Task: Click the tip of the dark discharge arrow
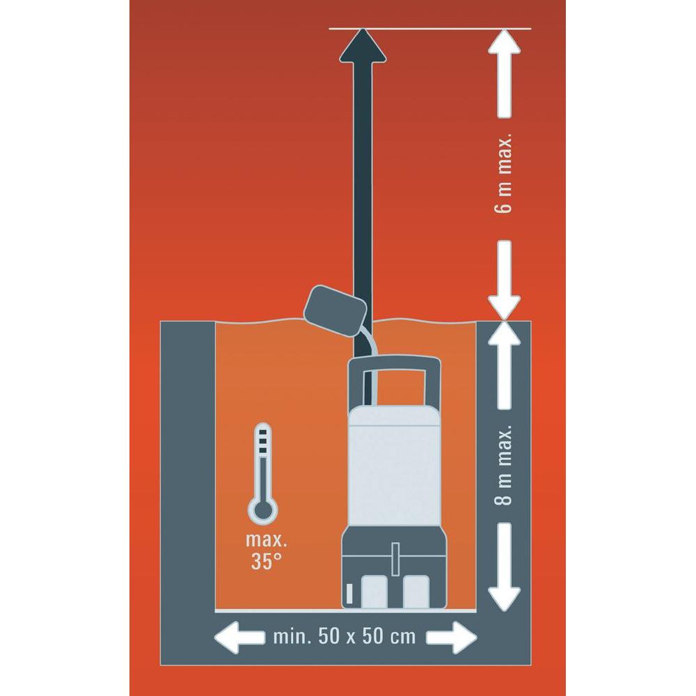pyautogui.click(x=363, y=29)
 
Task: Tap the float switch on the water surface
pyautogui.click(x=335, y=308)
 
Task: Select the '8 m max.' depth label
pyautogui.click(x=503, y=465)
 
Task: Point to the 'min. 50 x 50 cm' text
pyautogui.click(x=345, y=637)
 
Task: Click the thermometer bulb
pyautogui.click(x=263, y=510)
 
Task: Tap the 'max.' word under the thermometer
pyautogui.click(x=267, y=540)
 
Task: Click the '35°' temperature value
pyautogui.click(x=266, y=561)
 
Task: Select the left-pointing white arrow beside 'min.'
pyautogui.click(x=239, y=638)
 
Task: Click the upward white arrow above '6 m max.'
pyautogui.click(x=504, y=74)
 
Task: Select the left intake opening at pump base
pyautogui.click(x=374, y=591)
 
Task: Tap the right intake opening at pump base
pyautogui.click(x=416, y=591)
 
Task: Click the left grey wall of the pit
pyautogui.click(x=187, y=466)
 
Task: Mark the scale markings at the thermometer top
pyautogui.click(x=263, y=440)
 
